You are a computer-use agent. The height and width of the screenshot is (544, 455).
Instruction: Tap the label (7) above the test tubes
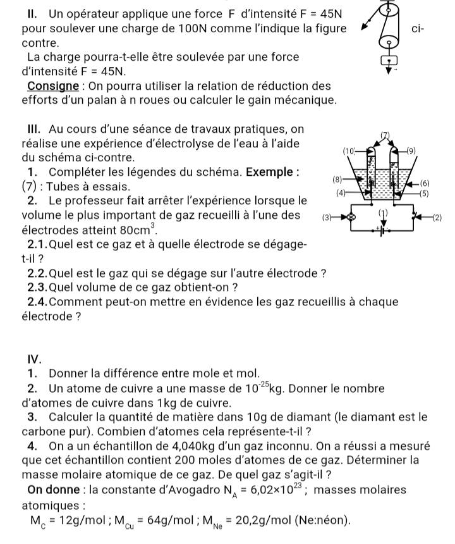[x=387, y=134]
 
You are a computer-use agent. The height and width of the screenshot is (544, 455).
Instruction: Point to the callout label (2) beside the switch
[x=438, y=217]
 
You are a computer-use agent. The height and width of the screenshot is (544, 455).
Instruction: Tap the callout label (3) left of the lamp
[x=327, y=217]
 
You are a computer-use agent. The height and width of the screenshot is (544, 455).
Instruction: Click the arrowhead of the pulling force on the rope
[x=363, y=28]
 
